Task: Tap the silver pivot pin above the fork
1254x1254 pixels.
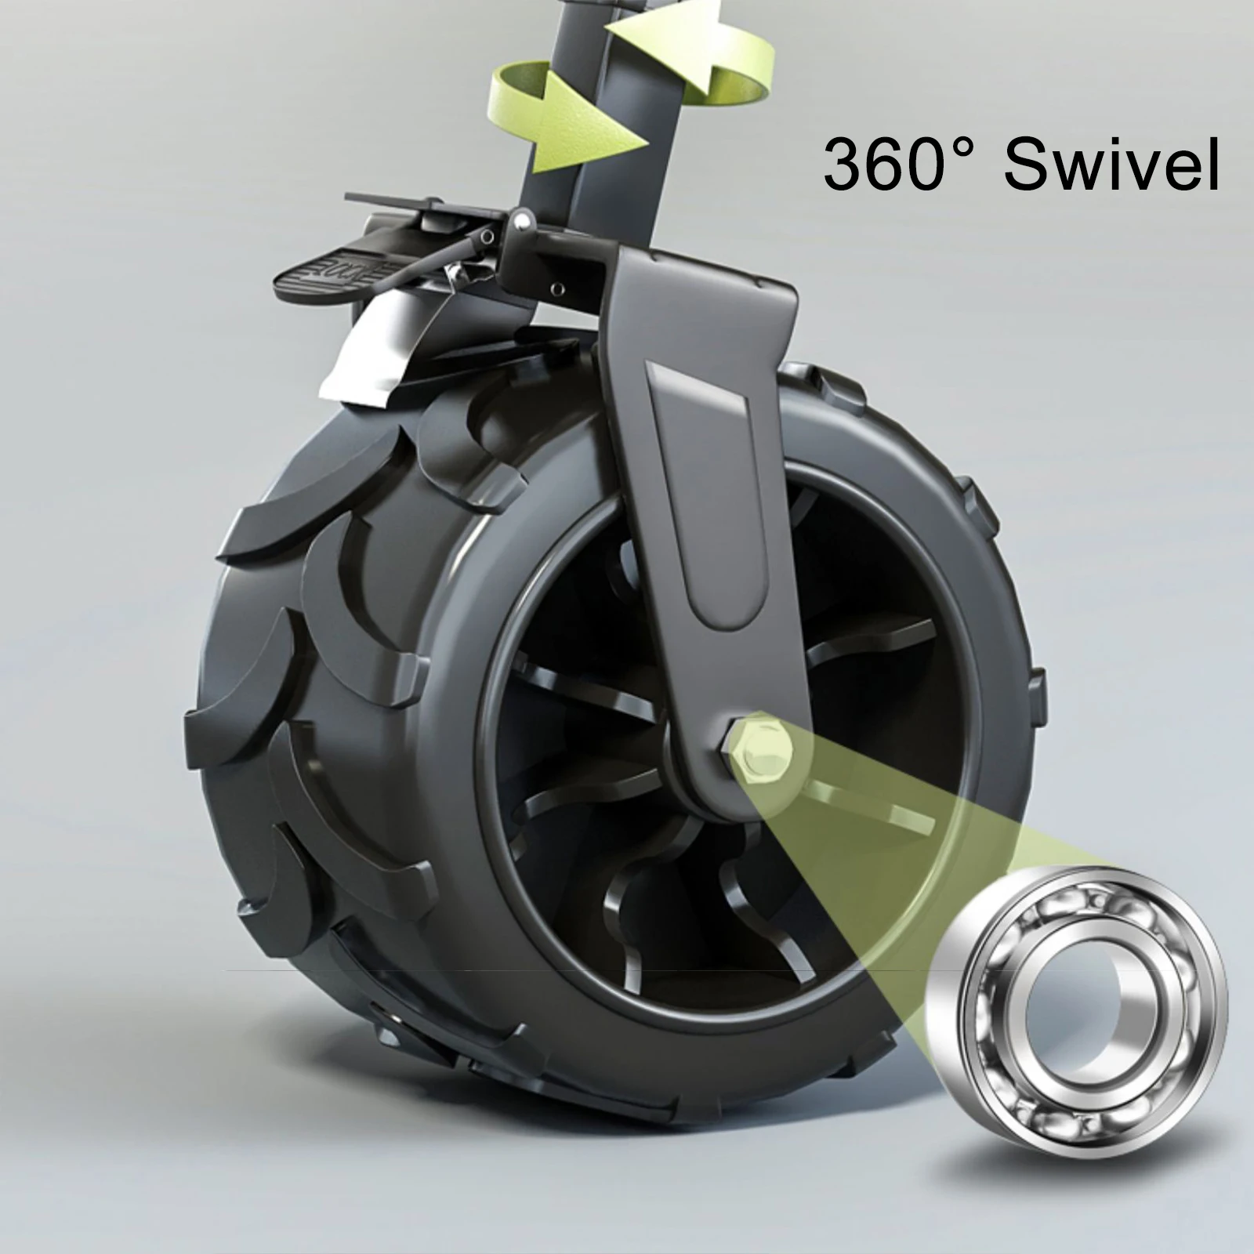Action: [x=518, y=224]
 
